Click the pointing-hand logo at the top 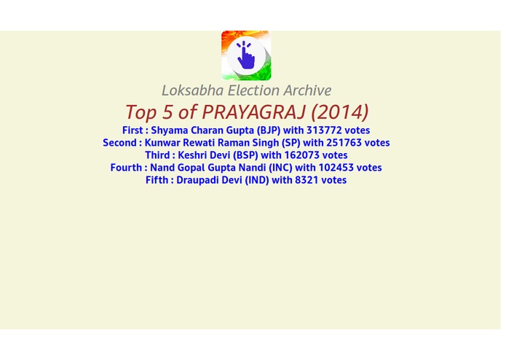246,55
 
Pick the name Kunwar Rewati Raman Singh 211,143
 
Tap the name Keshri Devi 204,155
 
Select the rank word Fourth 127,168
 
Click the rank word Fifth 157,180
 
